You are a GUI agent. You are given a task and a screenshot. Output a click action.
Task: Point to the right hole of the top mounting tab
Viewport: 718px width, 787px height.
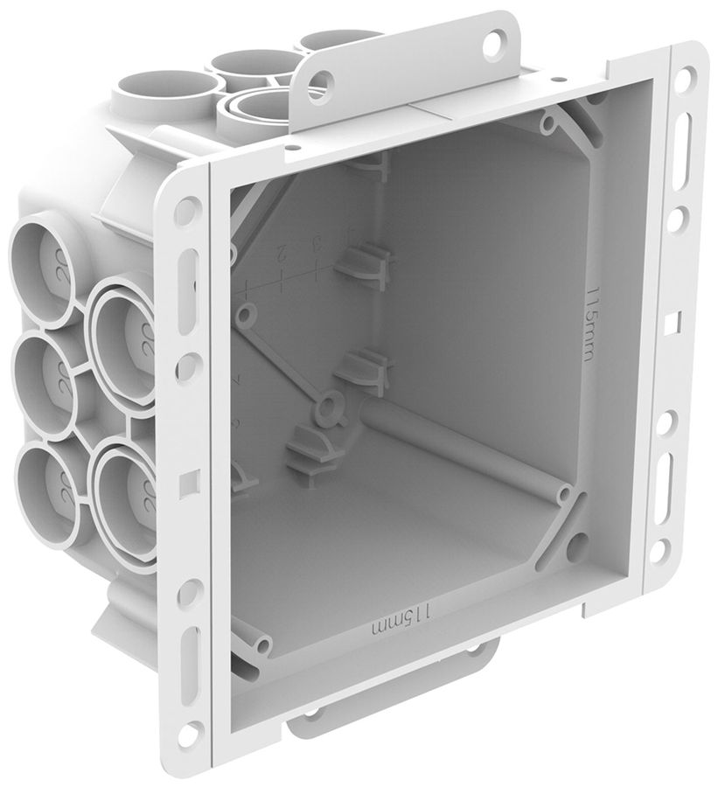pos(496,39)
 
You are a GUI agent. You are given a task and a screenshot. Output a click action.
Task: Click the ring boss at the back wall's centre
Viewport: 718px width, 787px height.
pos(330,405)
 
